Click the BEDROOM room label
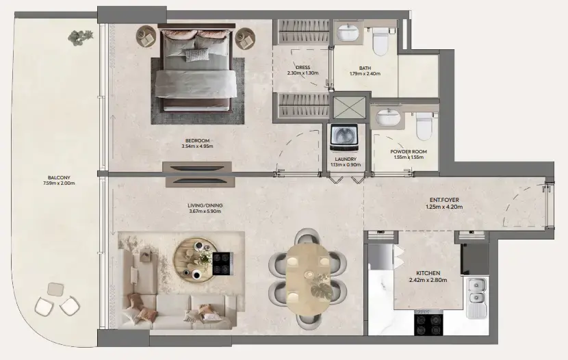[x=197, y=140]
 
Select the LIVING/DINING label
[x=205, y=205]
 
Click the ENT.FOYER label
[x=445, y=200]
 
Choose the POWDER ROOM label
[x=409, y=151]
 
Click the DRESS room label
[x=303, y=68]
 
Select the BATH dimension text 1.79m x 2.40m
[x=364, y=74]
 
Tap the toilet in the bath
[x=380, y=42]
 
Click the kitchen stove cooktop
[x=428, y=323]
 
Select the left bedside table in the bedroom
[x=146, y=37]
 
